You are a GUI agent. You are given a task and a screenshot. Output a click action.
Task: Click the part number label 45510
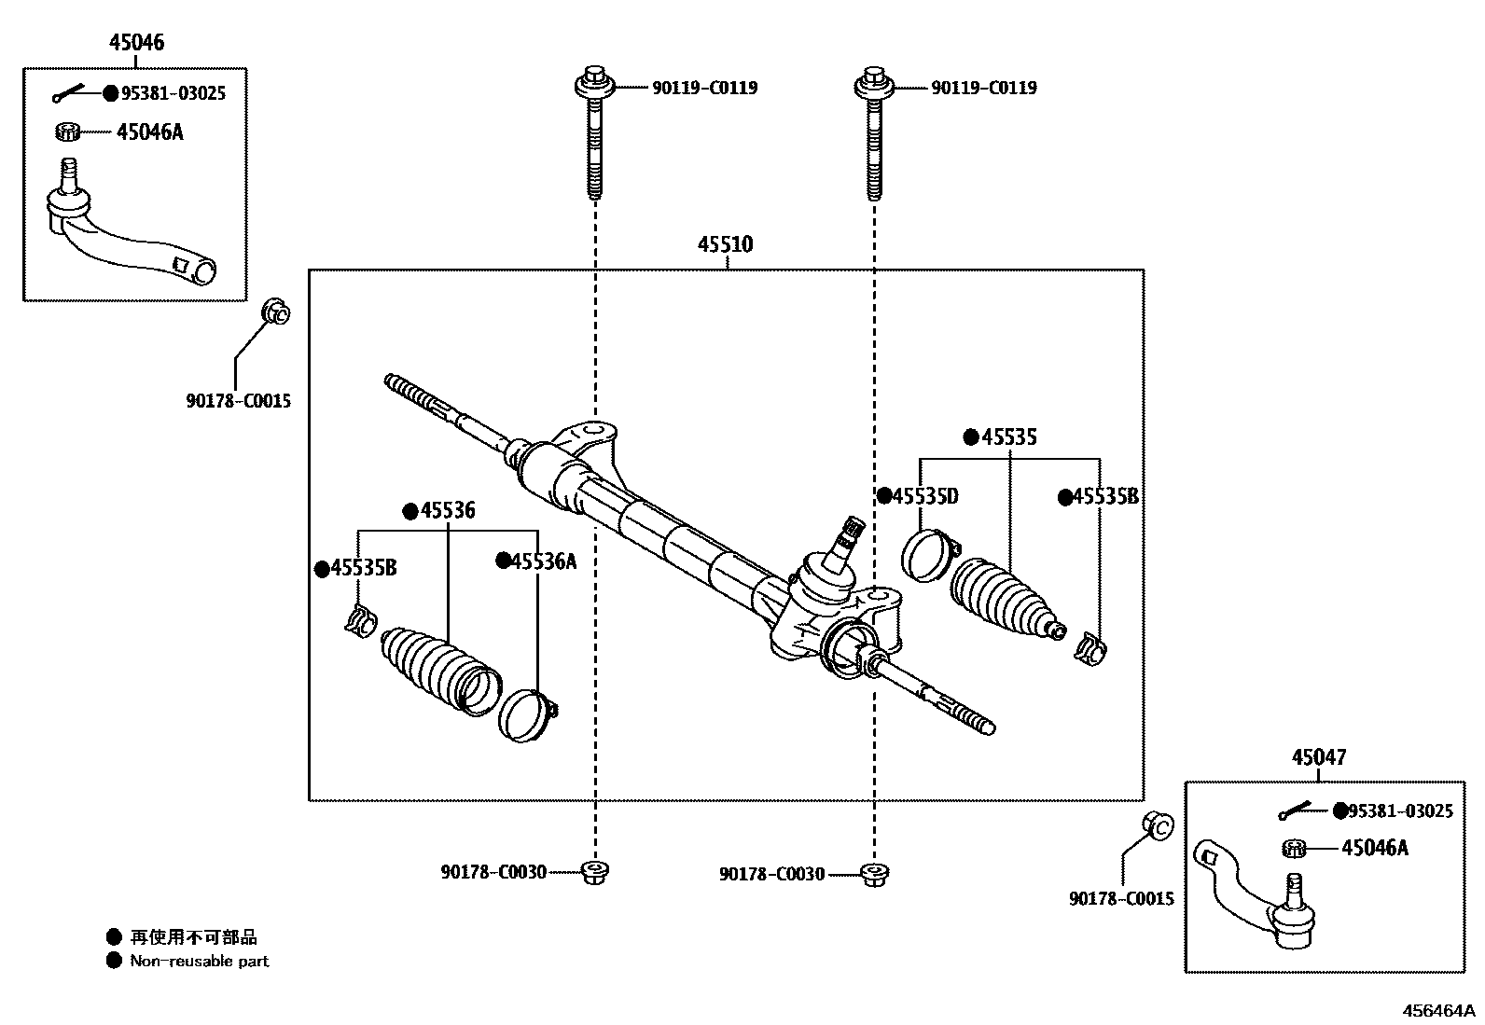click(x=725, y=244)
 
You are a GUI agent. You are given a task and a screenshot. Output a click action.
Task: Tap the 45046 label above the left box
click(x=136, y=42)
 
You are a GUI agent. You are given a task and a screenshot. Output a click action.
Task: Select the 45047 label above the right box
click(x=1318, y=757)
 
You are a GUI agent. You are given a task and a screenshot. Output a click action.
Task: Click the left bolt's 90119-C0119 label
click(x=704, y=88)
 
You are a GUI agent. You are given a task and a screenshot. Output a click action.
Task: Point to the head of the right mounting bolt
click(x=874, y=83)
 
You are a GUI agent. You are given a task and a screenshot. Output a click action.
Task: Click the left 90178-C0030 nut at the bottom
click(x=594, y=872)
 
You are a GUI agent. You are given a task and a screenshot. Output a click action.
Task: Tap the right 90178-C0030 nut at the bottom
click(x=874, y=874)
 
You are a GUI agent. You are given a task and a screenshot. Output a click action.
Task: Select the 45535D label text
click(x=924, y=496)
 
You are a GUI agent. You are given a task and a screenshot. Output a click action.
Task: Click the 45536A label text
click(x=544, y=561)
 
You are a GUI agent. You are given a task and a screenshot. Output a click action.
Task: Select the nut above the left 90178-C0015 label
click(x=275, y=312)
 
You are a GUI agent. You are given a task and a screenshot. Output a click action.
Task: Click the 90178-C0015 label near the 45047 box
click(x=1121, y=899)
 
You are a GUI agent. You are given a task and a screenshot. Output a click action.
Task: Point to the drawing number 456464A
click(x=1441, y=1011)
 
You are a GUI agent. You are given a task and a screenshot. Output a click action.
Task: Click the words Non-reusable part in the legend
click(x=199, y=961)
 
